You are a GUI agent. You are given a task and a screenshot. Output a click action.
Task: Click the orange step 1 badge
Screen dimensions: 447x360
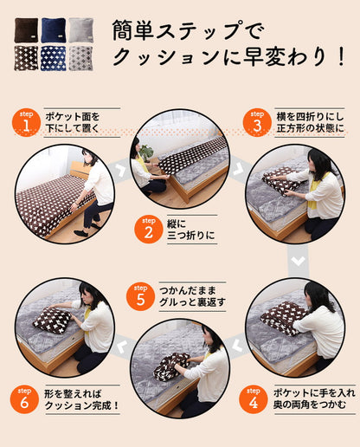[x=26, y=124]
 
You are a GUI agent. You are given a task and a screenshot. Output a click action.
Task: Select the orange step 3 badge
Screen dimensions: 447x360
[x=257, y=124]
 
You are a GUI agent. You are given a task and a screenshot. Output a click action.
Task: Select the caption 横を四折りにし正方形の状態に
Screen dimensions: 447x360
[x=310, y=123]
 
